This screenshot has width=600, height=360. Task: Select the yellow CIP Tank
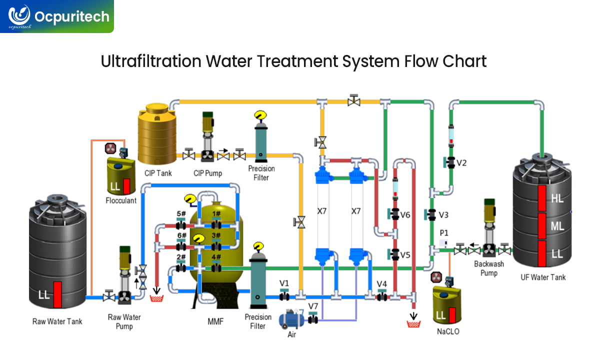tap(156, 133)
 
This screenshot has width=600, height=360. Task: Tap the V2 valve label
tap(461, 162)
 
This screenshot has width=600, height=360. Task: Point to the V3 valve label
tap(443, 215)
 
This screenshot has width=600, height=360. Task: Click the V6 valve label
tap(405, 214)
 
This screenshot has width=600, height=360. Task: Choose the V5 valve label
tap(405, 254)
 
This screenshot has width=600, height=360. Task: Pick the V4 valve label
tap(382, 284)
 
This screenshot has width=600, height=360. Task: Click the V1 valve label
tap(284, 283)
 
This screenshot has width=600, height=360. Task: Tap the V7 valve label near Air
tap(313, 306)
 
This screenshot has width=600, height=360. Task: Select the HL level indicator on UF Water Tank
tap(557, 198)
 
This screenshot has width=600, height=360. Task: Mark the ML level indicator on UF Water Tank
tap(557, 226)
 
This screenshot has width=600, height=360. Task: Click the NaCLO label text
tap(447, 331)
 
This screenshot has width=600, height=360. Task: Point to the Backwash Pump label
tap(488, 268)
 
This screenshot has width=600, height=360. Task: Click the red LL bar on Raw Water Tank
tap(57, 294)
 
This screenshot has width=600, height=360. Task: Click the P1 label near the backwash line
tap(443, 233)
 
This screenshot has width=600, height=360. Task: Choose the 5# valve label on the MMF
tap(181, 213)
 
